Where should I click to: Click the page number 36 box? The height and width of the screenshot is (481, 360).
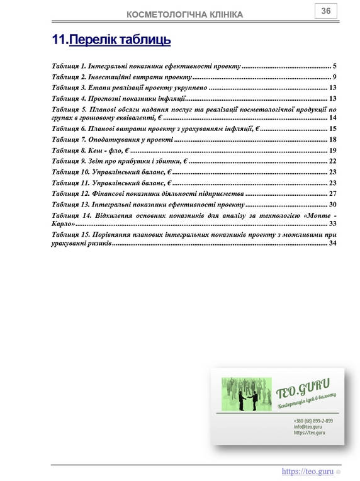point(326,11)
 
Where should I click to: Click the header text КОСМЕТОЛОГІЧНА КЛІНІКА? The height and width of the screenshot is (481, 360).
point(184,14)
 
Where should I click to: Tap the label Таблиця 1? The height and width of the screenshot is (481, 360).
point(69,66)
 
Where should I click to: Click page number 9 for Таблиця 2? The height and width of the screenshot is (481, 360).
point(335,77)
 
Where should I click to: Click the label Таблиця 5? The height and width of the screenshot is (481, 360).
point(69,110)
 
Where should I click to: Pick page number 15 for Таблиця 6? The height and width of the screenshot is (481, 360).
point(332,128)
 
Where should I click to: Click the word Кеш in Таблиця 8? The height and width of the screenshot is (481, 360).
point(97,150)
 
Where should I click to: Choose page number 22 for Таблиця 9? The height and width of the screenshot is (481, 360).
point(332,161)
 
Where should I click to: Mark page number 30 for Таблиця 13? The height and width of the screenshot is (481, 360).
point(332,205)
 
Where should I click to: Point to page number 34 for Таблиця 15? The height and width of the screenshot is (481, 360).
point(332,243)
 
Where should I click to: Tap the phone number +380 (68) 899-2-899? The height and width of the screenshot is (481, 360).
point(313,421)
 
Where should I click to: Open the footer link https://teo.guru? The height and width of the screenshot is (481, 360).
point(307,471)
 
